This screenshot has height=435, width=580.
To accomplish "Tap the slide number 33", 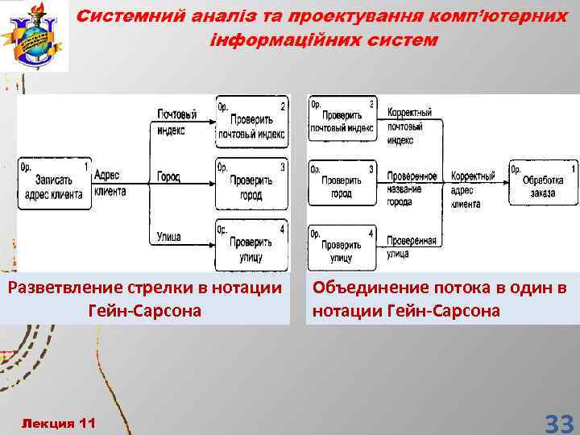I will point(558,423).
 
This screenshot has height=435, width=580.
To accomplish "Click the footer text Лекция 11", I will point(58,423).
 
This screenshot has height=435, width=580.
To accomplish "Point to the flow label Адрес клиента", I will point(110,183).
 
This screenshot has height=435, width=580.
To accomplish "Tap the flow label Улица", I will point(169,237).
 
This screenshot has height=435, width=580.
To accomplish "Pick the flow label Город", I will point(168,176).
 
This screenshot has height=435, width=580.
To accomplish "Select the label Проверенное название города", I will point(412,188).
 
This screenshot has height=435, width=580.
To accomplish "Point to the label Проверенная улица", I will point(411,246).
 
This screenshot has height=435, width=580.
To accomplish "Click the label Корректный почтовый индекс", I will point(409,126).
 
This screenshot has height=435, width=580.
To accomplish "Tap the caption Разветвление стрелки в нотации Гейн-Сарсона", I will point(144,299).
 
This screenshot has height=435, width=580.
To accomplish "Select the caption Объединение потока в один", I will point(440,299).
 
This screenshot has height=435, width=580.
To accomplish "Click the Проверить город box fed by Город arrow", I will point(251,184).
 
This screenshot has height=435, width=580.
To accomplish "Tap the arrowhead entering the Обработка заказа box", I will point(504,182).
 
